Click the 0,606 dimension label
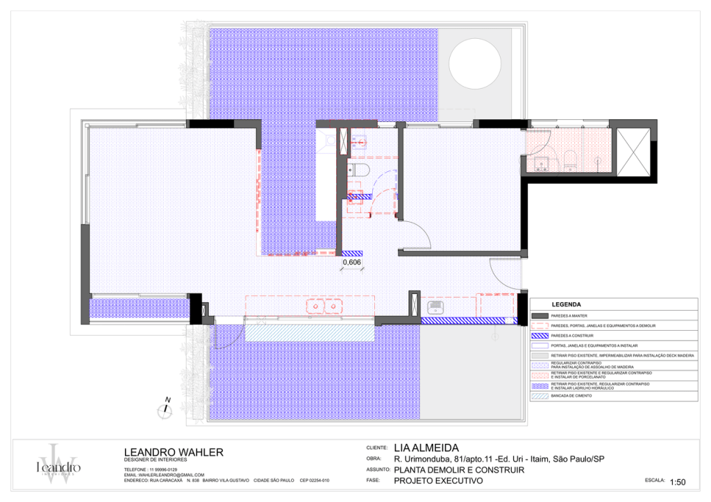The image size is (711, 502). click(x=352, y=262)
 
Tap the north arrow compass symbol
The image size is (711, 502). click(x=165, y=410)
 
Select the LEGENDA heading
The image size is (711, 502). click(x=566, y=304)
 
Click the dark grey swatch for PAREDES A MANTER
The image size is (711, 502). click(x=539, y=315)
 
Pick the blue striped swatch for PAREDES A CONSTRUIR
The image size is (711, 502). click(x=539, y=335)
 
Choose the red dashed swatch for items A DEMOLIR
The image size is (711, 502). click(x=539, y=325)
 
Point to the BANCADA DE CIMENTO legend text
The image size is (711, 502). click(x=571, y=404)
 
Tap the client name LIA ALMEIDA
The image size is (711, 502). click(x=426, y=448)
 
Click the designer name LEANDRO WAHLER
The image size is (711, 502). click(x=173, y=452)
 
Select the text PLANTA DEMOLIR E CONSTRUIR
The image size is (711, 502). click(x=458, y=469)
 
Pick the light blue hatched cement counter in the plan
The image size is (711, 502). click(x=306, y=332)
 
